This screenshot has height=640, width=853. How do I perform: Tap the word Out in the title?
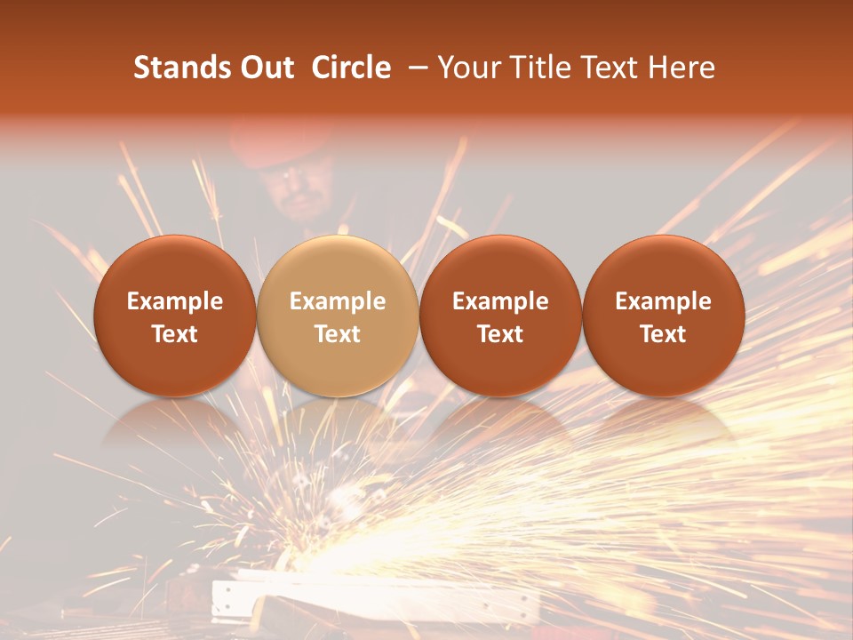(x=266, y=68)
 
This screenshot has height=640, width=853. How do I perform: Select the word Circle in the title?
(x=351, y=68)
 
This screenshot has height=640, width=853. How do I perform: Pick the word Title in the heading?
(x=543, y=68)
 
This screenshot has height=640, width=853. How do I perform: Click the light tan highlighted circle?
(x=338, y=316)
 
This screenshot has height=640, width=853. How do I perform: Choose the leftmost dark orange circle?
(x=174, y=316)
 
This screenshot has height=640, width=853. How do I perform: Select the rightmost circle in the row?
(x=664, y=316)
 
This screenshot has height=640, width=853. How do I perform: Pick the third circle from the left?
(x=500, y=316)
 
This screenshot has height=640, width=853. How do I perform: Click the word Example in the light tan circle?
(x=338, y=301)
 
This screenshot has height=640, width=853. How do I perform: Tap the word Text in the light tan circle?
(x=338, y=334)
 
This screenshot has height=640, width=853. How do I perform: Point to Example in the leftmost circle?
(x=174, y=301)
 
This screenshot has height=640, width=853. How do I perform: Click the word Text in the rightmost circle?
(x=664, y=334)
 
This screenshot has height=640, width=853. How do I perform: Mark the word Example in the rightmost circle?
(x=664, y=301)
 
